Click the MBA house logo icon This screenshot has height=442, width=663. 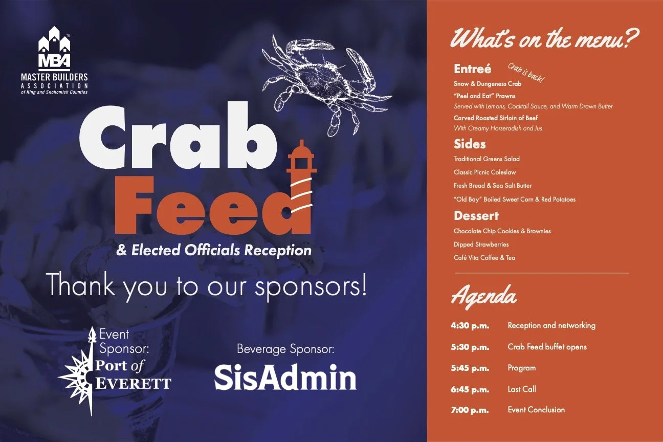pyautogui.click(x=54, y=49)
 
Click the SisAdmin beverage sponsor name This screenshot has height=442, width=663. pyautogui.click(x=285, y=378)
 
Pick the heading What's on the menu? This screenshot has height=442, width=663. pyautogui.click(x=545, y=38)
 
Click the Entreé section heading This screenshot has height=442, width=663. pyautogui.click(x=472, y=69)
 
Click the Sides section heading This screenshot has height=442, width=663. pyautogui.click(x=470, y=144)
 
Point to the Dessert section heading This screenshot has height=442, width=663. pyautogui.click(x=476, y=216)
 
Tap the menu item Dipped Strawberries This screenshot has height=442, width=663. pyautogui.click(x=481, y=245)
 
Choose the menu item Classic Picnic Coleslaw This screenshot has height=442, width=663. pyautogui.click(x=485, y=172)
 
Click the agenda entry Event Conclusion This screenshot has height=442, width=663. pyautogui.click(x=536, y=410)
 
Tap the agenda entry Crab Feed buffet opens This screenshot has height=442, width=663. pyautogui.click(x=547, y=347)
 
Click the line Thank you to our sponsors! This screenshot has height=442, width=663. pyautogui.click(x=207, y=286)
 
